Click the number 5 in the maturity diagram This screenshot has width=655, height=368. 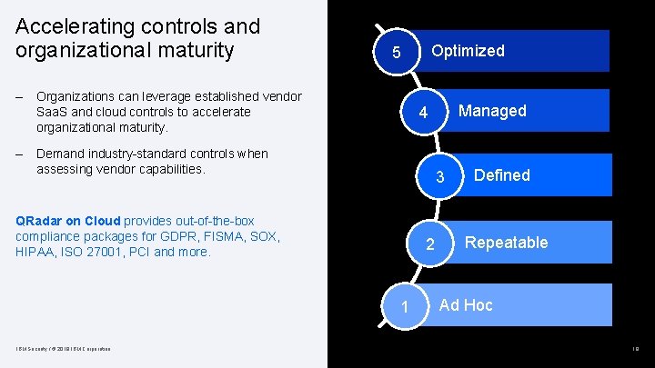coord(396,54)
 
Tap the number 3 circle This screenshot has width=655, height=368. coord(439,178)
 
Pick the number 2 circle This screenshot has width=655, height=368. coord(430,245)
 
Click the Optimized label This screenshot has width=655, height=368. coord(468,51)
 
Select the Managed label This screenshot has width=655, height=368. coord(492,111)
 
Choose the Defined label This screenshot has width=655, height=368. coord(501,175)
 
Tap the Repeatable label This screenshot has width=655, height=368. coord(507,243)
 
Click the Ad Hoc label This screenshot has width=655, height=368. coord(466,305)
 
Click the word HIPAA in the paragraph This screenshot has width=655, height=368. coord(35,252)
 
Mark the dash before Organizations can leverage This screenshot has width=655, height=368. coord(20,96)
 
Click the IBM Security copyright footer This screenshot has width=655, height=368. coord(61,349)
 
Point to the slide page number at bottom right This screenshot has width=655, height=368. coord(635,349)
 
